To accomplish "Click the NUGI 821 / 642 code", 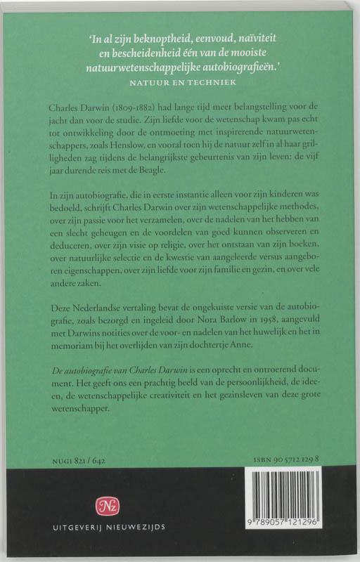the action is click(77, 459).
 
